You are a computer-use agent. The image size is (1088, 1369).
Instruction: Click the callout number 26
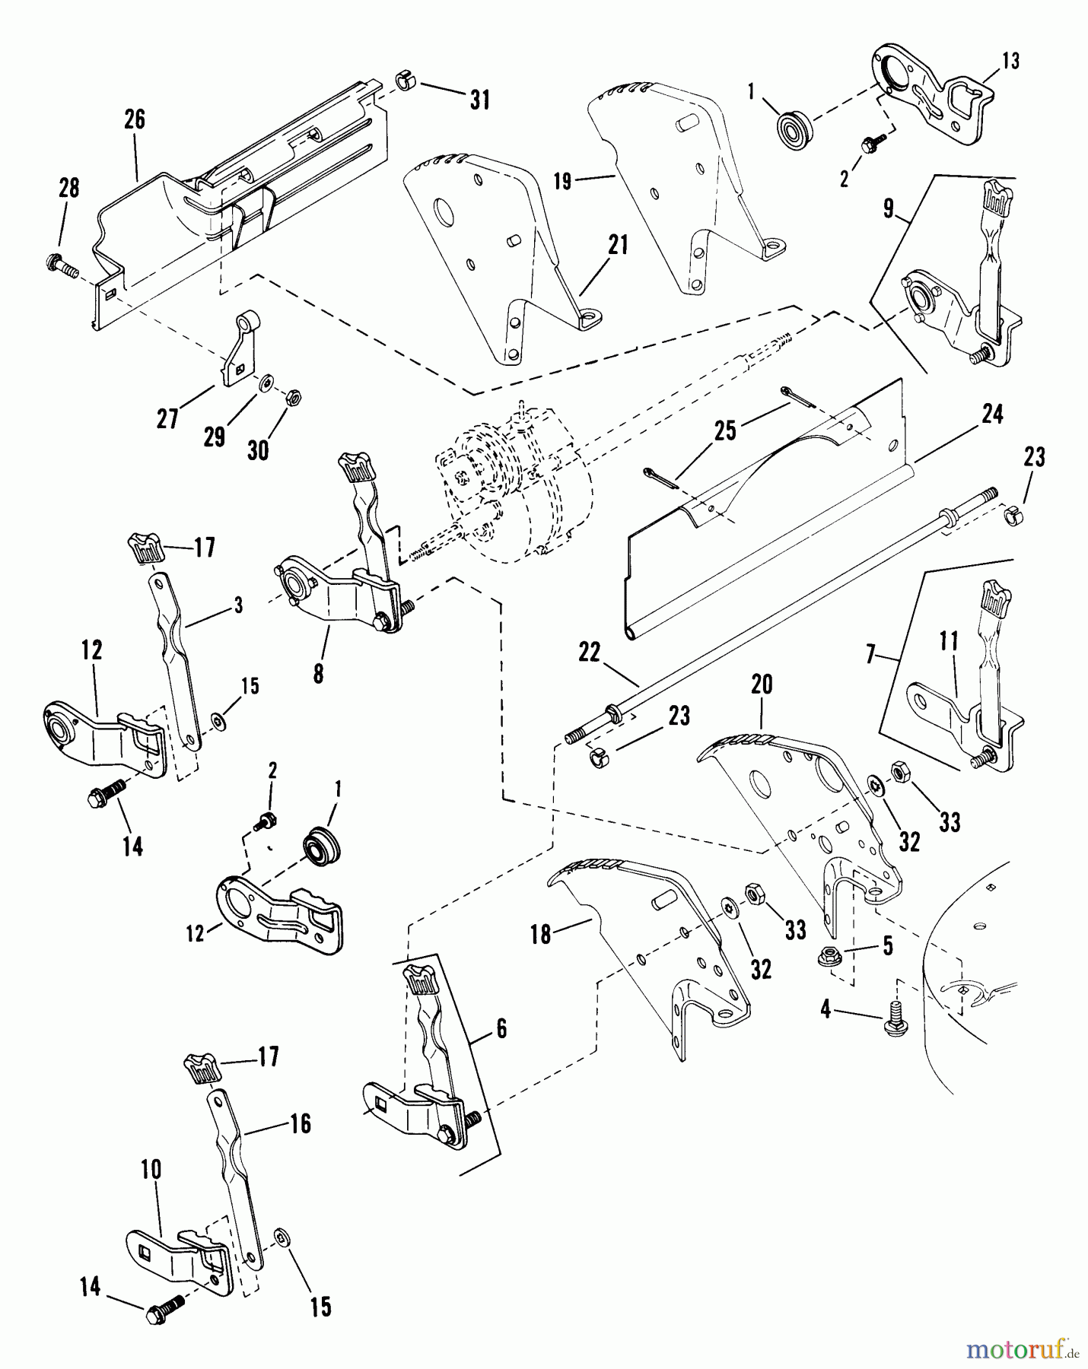click(x=134, y=120)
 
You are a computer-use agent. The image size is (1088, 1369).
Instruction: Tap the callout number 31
click(x=479, y=100)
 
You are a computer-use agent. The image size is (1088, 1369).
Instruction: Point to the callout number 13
click(x=1010, y=61)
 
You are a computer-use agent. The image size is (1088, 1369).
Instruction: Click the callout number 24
click(x=991, y=415)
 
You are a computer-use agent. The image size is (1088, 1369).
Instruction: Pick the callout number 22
click(x=589, y=653)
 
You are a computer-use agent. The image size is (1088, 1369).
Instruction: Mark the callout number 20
click(x=761, y=684)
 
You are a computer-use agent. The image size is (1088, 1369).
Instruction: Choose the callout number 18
click(x=540, y=934)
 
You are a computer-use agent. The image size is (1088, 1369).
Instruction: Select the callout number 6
click(x=501, y=1029)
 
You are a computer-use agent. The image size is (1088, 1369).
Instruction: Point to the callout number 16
click(x=301, y=1124)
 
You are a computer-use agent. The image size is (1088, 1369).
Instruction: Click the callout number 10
click(x=151, y=1170)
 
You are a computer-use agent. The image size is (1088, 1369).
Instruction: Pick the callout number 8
click(x=318, y=674)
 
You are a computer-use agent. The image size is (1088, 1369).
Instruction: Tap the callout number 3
click(x=238, y=606)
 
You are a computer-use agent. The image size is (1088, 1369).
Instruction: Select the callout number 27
click(x=167, y=418)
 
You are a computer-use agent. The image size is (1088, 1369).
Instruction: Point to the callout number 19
click(x=561, y=182)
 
